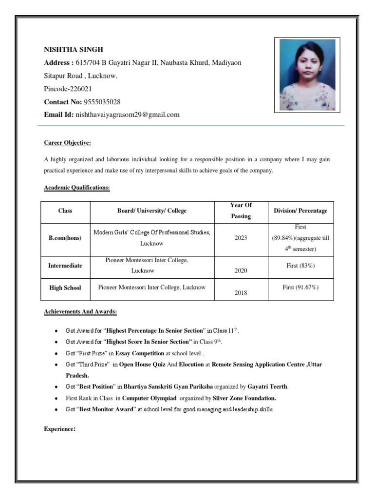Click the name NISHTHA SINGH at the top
click(x=74, y=50)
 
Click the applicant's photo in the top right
click(x=307, y=74)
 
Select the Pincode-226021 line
click(x=68, y=89)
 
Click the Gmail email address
click(x=128, y=115)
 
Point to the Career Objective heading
click(x=67, y=143)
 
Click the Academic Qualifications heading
click(x=76, y=188)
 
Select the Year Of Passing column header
click(x=241, y=211)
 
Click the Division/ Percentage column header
click(x=300, y=211)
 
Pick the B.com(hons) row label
click(x=65, y=238)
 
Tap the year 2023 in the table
click(x=241, y=238)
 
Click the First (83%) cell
click(x=300, y=266)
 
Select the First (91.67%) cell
click(x=300, y=288)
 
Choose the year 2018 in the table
click(x=241, y=293)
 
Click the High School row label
click(x=65, y=288)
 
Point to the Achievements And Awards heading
click(x=80, y=311)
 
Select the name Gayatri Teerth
click(x=267, y=387)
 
